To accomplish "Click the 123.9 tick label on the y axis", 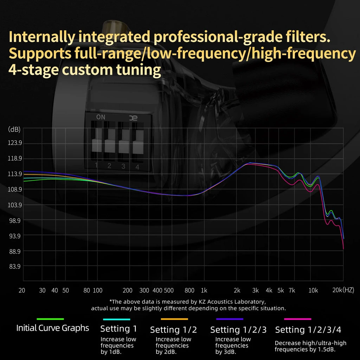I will click(15, 143).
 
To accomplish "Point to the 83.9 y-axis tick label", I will click(15, 266).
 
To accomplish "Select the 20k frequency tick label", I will click(337, 290).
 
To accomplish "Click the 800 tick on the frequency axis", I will click(189, 290).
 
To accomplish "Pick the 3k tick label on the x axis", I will click(255, 290).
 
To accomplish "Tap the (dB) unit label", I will click(14, 129).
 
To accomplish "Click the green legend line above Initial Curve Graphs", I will click(50, 319).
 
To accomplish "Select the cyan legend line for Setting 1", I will click(117, 319).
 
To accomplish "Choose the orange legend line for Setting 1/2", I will click(174, 319).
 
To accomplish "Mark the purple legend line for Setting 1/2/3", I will click(230, 319).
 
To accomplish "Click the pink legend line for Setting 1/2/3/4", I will click(298, 319).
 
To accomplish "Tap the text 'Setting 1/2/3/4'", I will click(308, 330).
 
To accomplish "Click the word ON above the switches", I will click(101, 117).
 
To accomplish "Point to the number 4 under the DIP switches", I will click(137, 167).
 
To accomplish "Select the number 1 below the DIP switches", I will click(96, 165).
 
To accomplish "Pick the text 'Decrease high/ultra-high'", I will click(310, 343).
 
